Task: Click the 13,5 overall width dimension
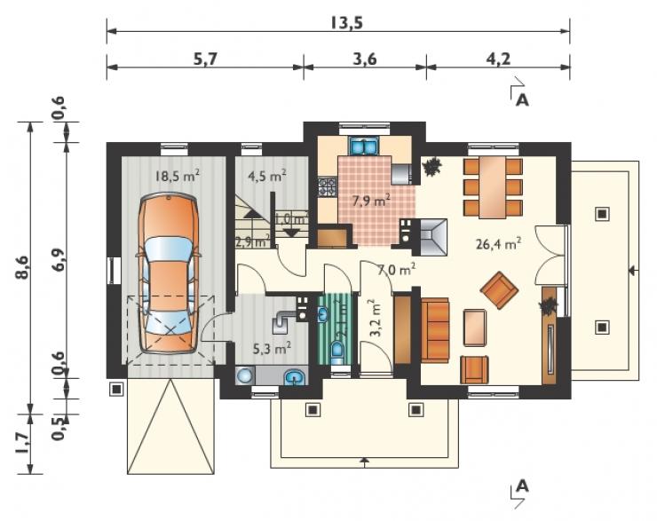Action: point(345,22)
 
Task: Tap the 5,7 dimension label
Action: point(206,59)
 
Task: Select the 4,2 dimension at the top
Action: point(498,59)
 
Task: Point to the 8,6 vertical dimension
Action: point(22,267)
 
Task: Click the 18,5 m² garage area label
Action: point(177,176)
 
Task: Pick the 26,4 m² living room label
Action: point(499,244)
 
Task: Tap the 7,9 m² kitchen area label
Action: point(371,201)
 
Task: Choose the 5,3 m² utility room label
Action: point(273,348)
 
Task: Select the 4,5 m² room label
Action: point(267,176)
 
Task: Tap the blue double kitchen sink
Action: point(364,146)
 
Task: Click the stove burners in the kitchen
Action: point(328,187)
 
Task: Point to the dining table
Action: point(493,187)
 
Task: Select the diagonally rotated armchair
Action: point(499,290)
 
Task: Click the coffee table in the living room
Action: point(475,328)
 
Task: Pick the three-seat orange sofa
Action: point(435,330)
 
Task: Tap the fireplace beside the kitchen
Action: point(430,237)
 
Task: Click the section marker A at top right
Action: point(522,100)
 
